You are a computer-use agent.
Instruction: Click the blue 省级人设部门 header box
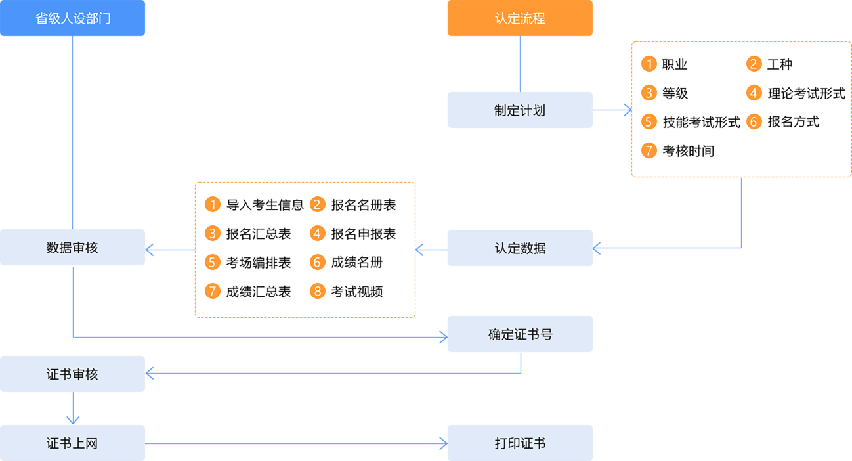coord(73,18)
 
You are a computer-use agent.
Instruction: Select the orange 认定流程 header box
coord(520,18)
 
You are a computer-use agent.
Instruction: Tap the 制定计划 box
coord(520,110)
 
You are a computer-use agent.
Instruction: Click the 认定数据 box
coord(520,248)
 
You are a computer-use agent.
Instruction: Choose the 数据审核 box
coord(73,248)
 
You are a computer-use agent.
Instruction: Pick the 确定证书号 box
coord(520,334)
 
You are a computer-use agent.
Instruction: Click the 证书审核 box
coord(73,374)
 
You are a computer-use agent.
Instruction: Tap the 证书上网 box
coord(73,443)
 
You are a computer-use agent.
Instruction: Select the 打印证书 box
coord(520,443)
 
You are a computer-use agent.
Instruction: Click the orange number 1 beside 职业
coord(649,64)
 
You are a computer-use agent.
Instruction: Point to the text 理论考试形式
coord(806,93)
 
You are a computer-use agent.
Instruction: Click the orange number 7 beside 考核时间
coord(649,151)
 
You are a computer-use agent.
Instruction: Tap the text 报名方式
coord(793,122)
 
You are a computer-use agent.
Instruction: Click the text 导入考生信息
coord(265,205)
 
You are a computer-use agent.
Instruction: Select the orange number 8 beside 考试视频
coord(318,292)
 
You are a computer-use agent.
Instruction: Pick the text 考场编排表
coord(258,263)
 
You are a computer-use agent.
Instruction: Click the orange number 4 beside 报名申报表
coord(318,234)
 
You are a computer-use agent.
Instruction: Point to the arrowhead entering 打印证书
coord(443,443)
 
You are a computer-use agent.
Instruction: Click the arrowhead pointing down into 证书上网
coord(73,419)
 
